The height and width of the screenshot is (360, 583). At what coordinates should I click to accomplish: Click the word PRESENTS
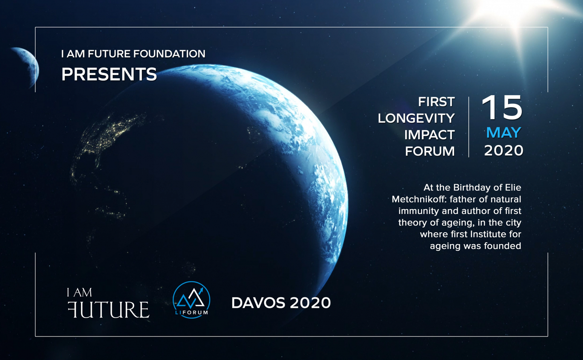[x=109, y=74]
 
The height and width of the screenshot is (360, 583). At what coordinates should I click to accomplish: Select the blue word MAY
[x=504, y=133]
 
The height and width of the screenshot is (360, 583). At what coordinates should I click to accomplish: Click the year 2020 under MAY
[x=504, y=150]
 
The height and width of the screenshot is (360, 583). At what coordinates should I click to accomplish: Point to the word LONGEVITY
[x=416, y=118]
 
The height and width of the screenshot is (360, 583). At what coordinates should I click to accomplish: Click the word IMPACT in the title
[x=430, y=135]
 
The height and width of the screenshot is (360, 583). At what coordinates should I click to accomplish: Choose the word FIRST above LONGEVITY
[x=437, y=102]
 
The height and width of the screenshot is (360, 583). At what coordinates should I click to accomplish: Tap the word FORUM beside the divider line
[x=430, y=151]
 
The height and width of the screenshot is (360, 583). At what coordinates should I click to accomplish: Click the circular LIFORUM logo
[x=192, y=300]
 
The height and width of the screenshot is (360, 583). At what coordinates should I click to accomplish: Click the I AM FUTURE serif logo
[x=108, y=303]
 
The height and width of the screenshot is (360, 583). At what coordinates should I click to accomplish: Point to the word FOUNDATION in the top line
[x=169, y=54]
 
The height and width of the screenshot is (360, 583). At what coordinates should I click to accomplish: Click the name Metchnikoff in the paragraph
[x=419, y=199]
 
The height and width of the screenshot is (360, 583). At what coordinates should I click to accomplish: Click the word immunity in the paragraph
[x=419, y=211]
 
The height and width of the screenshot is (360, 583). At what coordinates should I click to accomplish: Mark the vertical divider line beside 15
[x=469, y=127]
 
